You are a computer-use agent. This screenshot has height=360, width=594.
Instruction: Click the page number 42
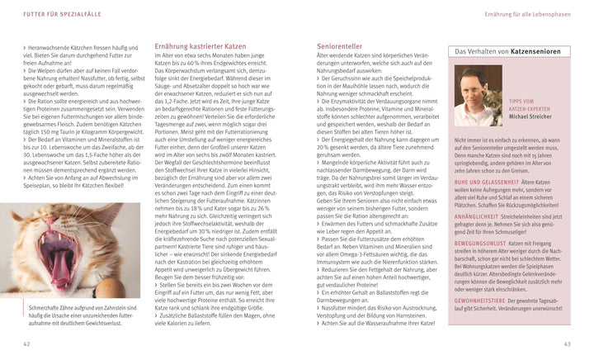pos(27,343)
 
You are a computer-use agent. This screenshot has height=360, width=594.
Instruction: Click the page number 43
pos(567,343)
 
